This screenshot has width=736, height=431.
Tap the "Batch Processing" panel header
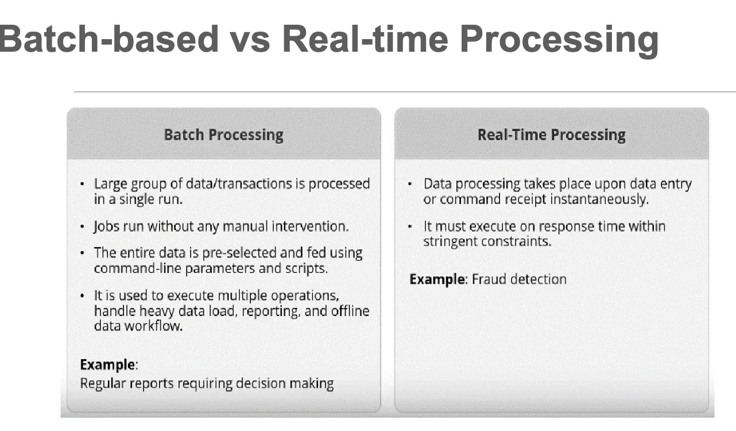pos(223,135)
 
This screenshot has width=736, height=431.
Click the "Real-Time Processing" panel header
pos(551,135)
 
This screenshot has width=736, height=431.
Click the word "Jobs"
pos(106,226)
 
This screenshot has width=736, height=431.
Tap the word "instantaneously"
pos(599,199)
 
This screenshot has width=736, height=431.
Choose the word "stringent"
pos(450,241)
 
